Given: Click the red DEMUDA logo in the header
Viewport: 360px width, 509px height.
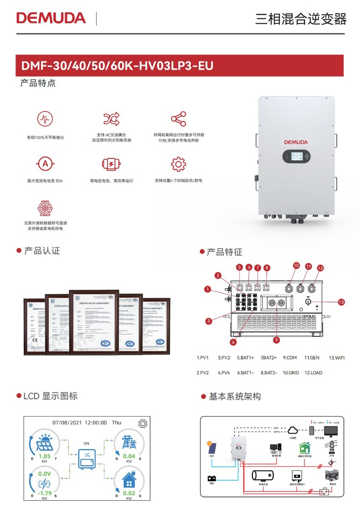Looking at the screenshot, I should click(51, 18).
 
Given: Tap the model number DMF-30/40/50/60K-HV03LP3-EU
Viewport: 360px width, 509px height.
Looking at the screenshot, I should click(117, 66).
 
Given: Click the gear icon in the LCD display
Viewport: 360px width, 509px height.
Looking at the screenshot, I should click(143, 423).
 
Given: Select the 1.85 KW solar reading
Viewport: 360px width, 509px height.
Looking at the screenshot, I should click(45, 456).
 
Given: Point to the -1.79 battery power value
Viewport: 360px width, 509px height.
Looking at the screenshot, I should click(44, 493).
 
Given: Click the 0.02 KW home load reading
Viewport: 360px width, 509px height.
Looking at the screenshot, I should click(129, 493).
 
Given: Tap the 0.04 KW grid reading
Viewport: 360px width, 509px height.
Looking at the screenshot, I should click(129, 456).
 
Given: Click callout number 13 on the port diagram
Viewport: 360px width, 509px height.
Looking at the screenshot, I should click(341, 301).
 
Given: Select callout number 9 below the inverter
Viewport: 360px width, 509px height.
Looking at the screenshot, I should click(277, 339).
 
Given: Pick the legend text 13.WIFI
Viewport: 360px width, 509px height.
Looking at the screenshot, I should click(336, 358).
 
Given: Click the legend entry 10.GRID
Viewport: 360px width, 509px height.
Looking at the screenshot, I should click(291, 373).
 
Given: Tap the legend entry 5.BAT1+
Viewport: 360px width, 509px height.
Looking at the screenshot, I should click(245, 358).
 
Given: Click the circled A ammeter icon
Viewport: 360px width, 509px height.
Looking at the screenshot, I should click(45, 163).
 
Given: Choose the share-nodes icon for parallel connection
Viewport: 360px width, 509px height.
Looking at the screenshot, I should click(178, 119).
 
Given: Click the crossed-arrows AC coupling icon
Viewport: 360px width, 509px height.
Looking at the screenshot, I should click(112, 119).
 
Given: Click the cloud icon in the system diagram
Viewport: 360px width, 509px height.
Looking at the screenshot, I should click(294, 429).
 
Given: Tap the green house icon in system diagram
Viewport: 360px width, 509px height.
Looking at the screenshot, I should click(304, 448).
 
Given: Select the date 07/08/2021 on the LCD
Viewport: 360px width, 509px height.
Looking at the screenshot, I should click(68, 423).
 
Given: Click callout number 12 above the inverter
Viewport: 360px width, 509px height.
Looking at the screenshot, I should click(320, 268).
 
